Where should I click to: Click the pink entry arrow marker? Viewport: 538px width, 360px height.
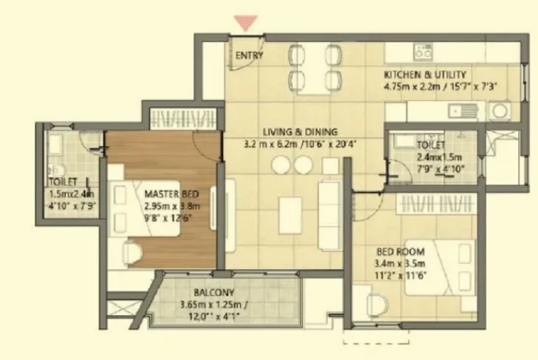coord(245,23)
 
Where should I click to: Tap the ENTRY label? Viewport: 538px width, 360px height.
coord(249,55)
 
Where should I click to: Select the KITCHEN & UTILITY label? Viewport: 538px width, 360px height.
coord(425,75)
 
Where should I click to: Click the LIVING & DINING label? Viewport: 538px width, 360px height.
coord(300,132)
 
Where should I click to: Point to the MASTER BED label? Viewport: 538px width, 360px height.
coord(171,194)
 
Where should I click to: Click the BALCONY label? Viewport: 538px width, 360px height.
coord(214,293)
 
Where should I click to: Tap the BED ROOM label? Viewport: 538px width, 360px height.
coord(400,252)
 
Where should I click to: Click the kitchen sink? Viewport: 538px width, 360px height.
coord(463,111)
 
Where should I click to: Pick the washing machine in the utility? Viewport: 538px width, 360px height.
coord(500,110)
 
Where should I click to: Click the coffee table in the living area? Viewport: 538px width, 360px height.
coord(290,215)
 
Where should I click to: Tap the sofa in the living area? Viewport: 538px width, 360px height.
coord(330,215)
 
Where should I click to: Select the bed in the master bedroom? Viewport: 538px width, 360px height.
coord(145,208)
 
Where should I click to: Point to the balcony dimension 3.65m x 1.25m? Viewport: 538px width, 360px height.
coord(214,305)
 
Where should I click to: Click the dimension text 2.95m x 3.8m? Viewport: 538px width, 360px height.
coord(172,207)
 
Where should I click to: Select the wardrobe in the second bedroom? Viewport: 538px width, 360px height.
coord(436,204)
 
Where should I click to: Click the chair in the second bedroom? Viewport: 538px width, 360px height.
coord(377,305)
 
